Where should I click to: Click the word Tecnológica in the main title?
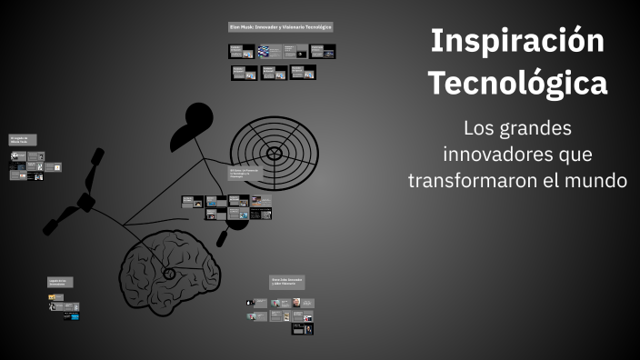pos(517,84)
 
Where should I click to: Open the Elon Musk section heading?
pos(281,27)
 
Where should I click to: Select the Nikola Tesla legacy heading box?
pos(22,140)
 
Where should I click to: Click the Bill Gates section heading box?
pos(245,172)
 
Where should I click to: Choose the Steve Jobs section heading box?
pos(287,283)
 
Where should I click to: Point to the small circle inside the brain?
pos(168,273)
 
